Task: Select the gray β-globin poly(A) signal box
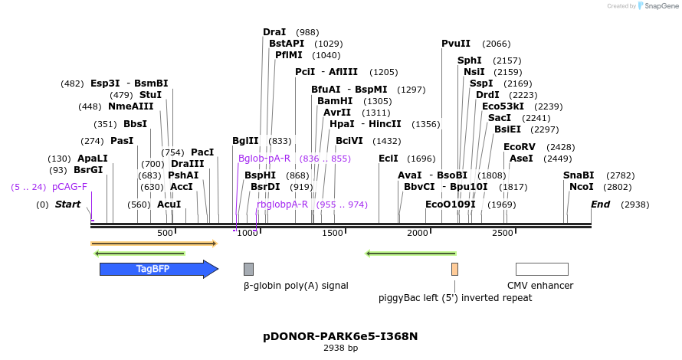point(248,269)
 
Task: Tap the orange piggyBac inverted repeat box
point(454,269)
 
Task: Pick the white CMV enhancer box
point(542,269)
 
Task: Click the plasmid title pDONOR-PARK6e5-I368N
point(340,336)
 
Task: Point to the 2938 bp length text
point(340,349)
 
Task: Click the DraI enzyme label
point(274,32)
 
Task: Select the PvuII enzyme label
point(456,44)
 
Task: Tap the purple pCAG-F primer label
point(70,186)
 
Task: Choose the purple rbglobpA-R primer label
point(282,205)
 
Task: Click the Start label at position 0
point(67,205)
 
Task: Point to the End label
point(600,205)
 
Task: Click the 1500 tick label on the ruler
point(333,233)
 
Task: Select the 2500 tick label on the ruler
point(502,233)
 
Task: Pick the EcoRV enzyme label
point(519,146)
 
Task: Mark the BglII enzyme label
point(245,140)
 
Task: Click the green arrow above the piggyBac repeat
point(411,254)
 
